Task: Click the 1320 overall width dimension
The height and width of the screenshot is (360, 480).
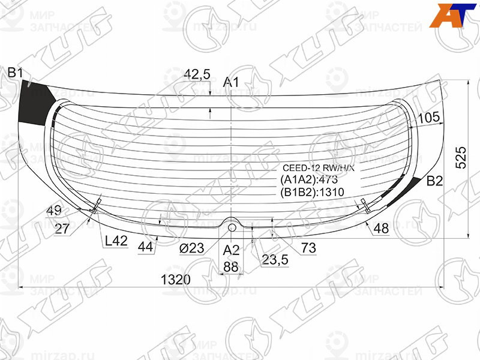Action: point(175,280)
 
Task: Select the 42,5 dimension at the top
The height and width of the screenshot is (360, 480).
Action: point(197,74)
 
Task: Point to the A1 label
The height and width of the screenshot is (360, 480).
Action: point(231,82)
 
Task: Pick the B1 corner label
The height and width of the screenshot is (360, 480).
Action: point(15,73)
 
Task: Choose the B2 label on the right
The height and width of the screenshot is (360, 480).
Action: point(434,181)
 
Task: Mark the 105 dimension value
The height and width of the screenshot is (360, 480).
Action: point(428,118)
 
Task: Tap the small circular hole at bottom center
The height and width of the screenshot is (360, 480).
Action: point(232,227)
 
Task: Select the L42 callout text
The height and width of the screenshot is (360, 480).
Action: point(116,241)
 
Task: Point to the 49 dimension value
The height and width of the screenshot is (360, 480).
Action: point(54,211)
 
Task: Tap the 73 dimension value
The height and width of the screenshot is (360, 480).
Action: point(308,247)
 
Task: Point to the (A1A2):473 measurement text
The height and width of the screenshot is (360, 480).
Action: point(310,180)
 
